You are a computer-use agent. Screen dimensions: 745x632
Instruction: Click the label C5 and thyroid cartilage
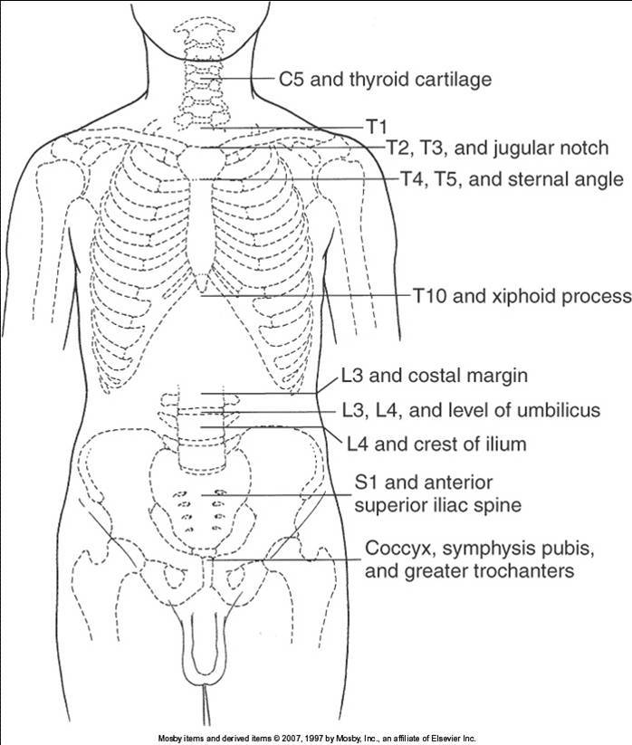coord(385,80)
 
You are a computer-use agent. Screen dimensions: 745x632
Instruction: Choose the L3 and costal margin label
coord(422,374)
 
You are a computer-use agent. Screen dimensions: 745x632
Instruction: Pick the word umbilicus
coord(560,410)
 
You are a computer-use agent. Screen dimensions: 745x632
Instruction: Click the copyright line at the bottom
coord(316,737)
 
